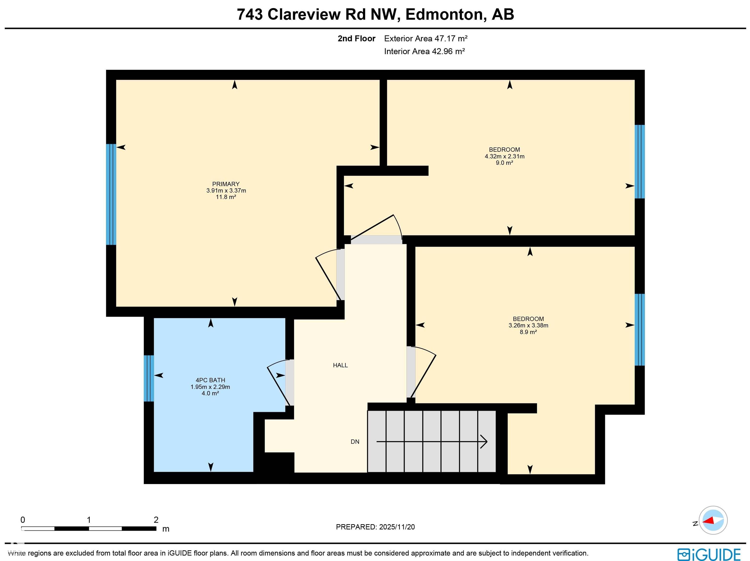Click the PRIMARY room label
pos(226,184)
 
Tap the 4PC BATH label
pos(210,380)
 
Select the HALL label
pos(340,365)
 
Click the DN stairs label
pos(355,442)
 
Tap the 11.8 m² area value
pos(226,197)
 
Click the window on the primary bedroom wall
pos(111,194)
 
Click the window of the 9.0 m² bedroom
pos(639,161)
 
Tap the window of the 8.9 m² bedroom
pos(639,329)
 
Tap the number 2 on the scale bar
pos(156,520)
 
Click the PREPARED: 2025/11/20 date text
pos(375,527)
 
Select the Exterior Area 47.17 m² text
pos(426,38)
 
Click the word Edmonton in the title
pos(444,14)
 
